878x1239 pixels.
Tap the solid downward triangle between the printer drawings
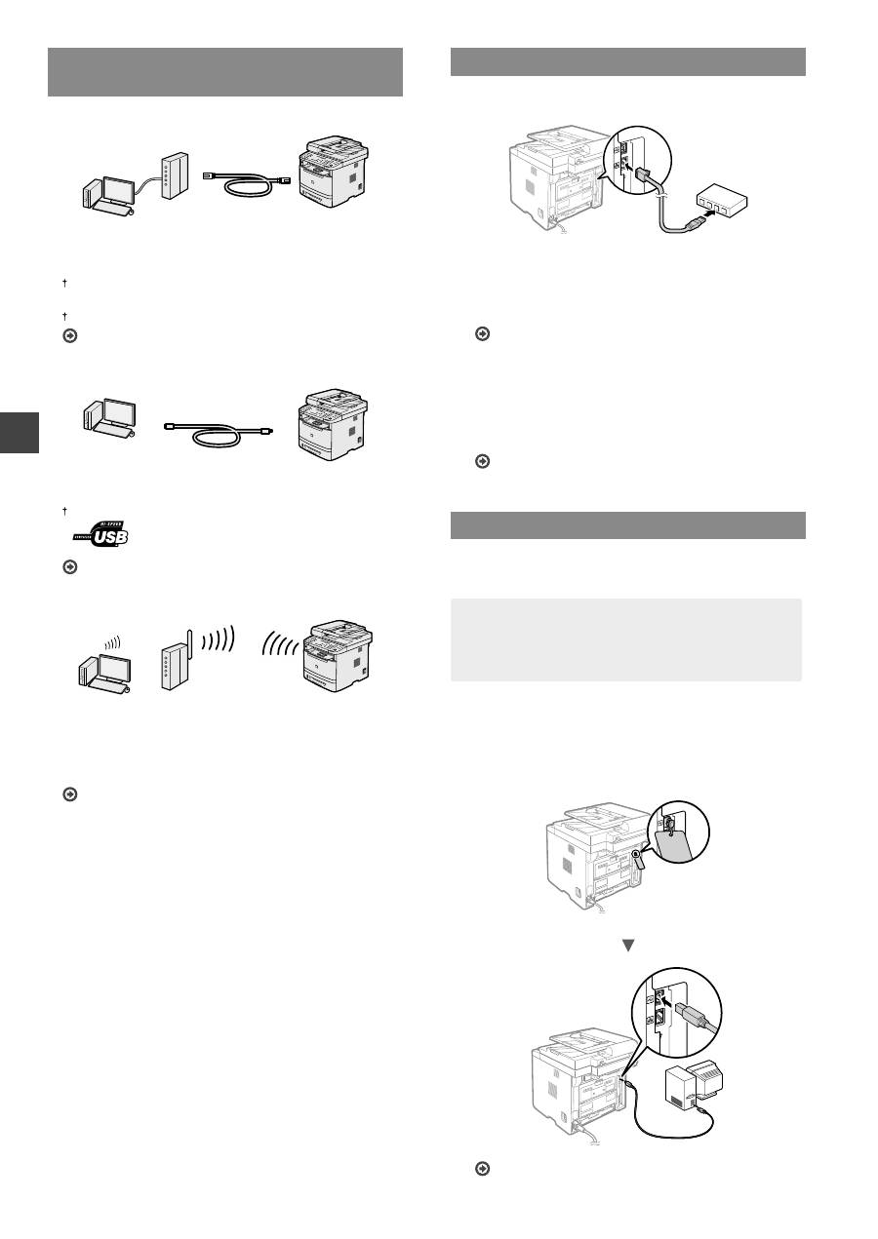point(628,944)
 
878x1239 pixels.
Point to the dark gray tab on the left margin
point(19,431)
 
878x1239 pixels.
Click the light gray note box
point(626,639)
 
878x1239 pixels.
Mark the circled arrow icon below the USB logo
point(69,566)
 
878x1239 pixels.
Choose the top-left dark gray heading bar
point(225,71)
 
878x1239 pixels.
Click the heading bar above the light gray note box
point(628,524)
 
